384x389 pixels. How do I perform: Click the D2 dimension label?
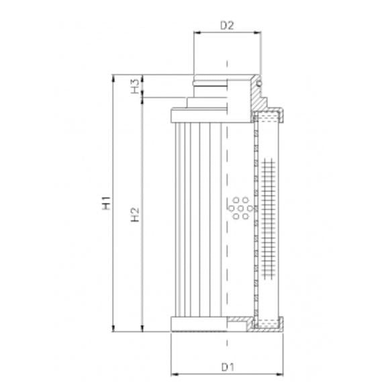[227, 26]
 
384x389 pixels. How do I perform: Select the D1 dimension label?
[227, 368]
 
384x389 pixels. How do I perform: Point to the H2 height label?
[135, 215]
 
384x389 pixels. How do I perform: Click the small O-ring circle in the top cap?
[258, 83]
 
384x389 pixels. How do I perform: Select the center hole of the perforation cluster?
[240, 209]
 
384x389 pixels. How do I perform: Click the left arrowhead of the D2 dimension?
[196, 33]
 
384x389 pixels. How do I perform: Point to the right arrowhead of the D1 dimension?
[281, 374]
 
